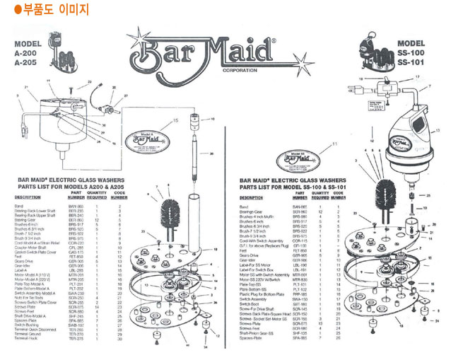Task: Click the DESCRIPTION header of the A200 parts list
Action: click(x=28, y=197)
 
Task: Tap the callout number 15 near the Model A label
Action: click(x=176, y=121)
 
